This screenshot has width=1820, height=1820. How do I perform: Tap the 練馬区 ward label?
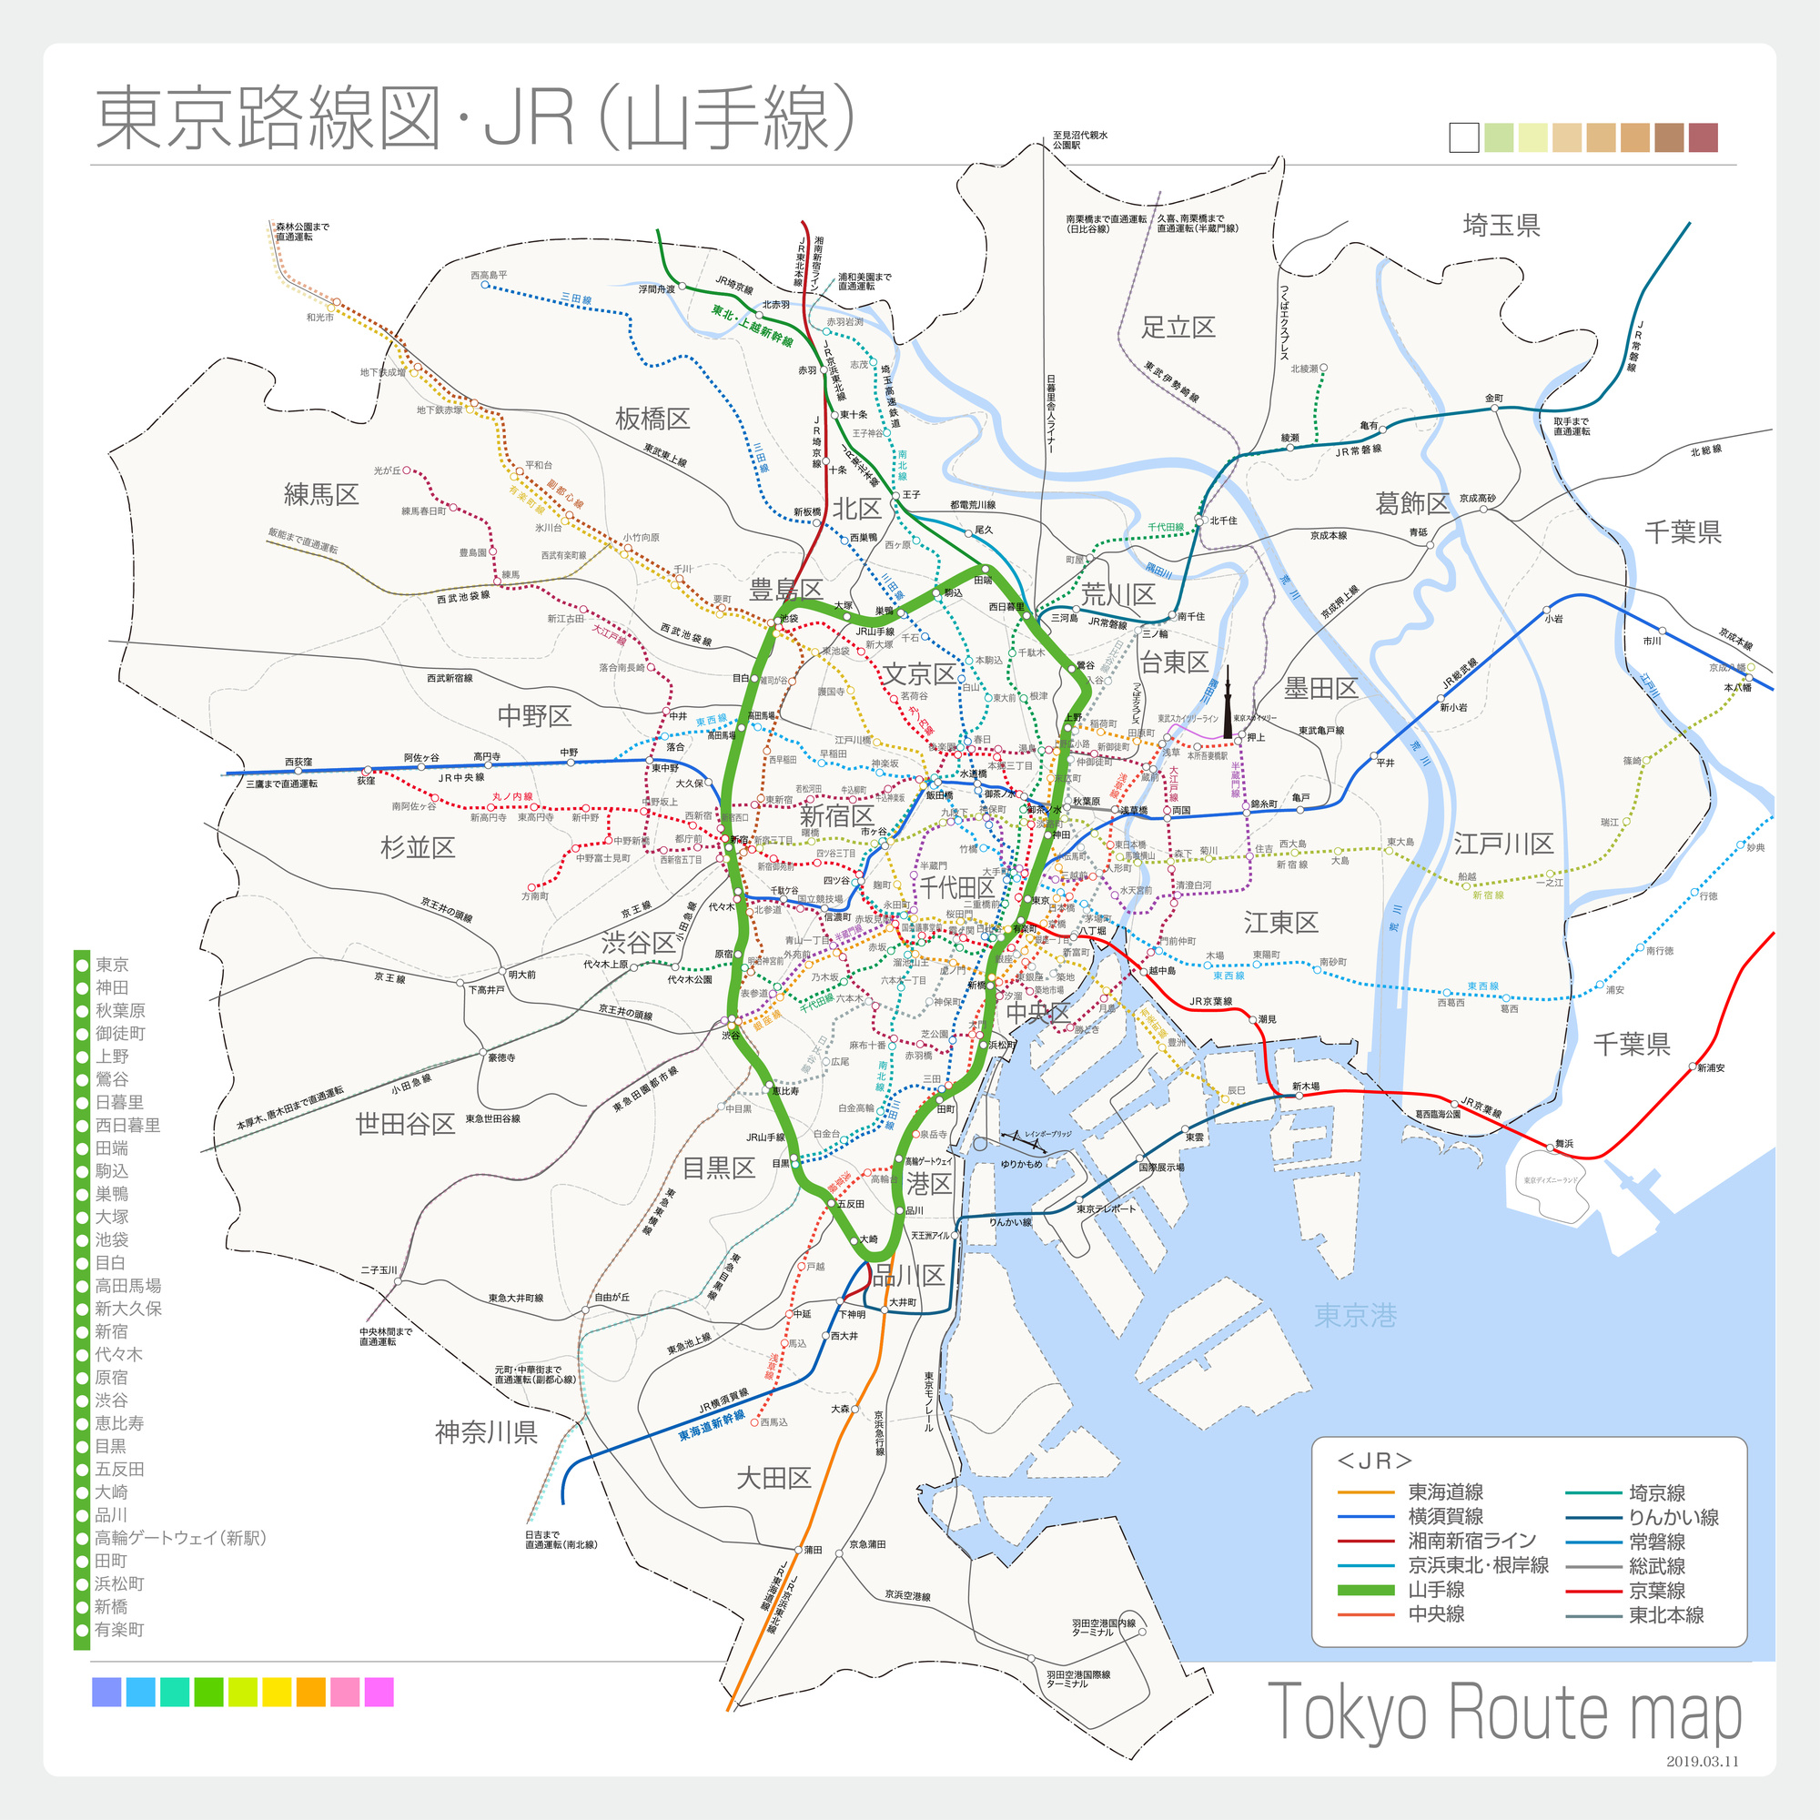(321, 493)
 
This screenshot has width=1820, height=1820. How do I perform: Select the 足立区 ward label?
(1178, 327)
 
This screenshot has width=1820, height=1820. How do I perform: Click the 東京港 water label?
(1355, 1315)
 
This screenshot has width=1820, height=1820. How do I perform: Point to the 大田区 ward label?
(773, 1477)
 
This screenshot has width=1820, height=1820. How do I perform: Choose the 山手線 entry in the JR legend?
(1436, 1589)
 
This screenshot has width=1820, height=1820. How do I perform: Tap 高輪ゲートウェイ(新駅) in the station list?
(180, 1537)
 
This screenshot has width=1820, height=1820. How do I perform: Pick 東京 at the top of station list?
(111, 964)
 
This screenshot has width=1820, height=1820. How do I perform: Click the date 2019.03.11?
(1702, 1761)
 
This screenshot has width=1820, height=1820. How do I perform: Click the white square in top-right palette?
(1464, 138)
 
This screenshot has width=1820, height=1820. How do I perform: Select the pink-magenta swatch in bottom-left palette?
(379, 1692)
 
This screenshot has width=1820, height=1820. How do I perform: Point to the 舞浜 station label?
(1563, 1144)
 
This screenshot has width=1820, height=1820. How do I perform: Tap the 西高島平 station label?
(489, 275)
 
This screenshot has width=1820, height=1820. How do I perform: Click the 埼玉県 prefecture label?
(1501, 225)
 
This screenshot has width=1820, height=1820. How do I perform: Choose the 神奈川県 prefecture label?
(486, 1431)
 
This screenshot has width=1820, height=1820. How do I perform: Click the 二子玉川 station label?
(379, 1269)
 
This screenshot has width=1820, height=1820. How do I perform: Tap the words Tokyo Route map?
(1503, 1711)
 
